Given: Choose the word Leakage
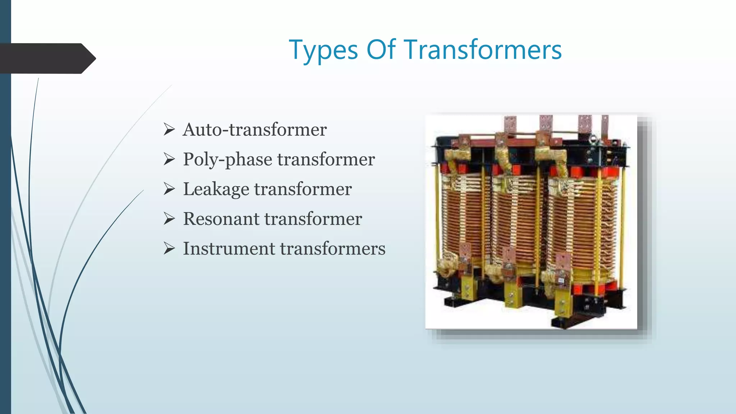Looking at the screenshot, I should pos(216,189).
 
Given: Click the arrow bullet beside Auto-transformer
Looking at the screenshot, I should pos(169,129).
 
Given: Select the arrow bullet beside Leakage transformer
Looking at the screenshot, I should pos(169,189).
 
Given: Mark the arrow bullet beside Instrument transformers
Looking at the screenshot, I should pos(169,248).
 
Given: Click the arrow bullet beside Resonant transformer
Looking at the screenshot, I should pos(169,218).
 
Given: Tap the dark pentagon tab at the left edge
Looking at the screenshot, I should pos(47,59).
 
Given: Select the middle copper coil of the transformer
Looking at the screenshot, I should pos(514,219).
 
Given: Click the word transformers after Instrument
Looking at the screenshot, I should pos(332,248).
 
